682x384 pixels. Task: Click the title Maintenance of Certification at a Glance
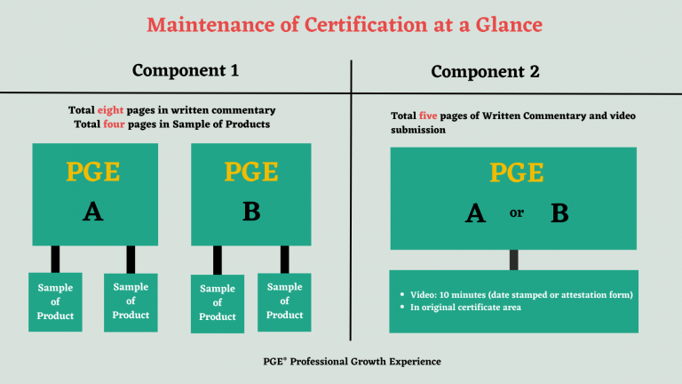(x=344, y=24)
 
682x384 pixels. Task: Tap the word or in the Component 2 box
(x=516, y=213)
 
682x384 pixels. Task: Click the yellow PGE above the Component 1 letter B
(x=251, y=172)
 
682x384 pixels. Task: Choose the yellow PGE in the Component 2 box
(x=514, y=172)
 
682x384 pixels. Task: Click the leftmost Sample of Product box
(x=55, y=302)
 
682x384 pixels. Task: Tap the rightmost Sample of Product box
(x=284, y=301)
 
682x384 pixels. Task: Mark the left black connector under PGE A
(x=55, y=259)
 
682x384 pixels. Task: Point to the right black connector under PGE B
(x=285, y=259)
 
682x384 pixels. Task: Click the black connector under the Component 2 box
(x=513, y=260)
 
